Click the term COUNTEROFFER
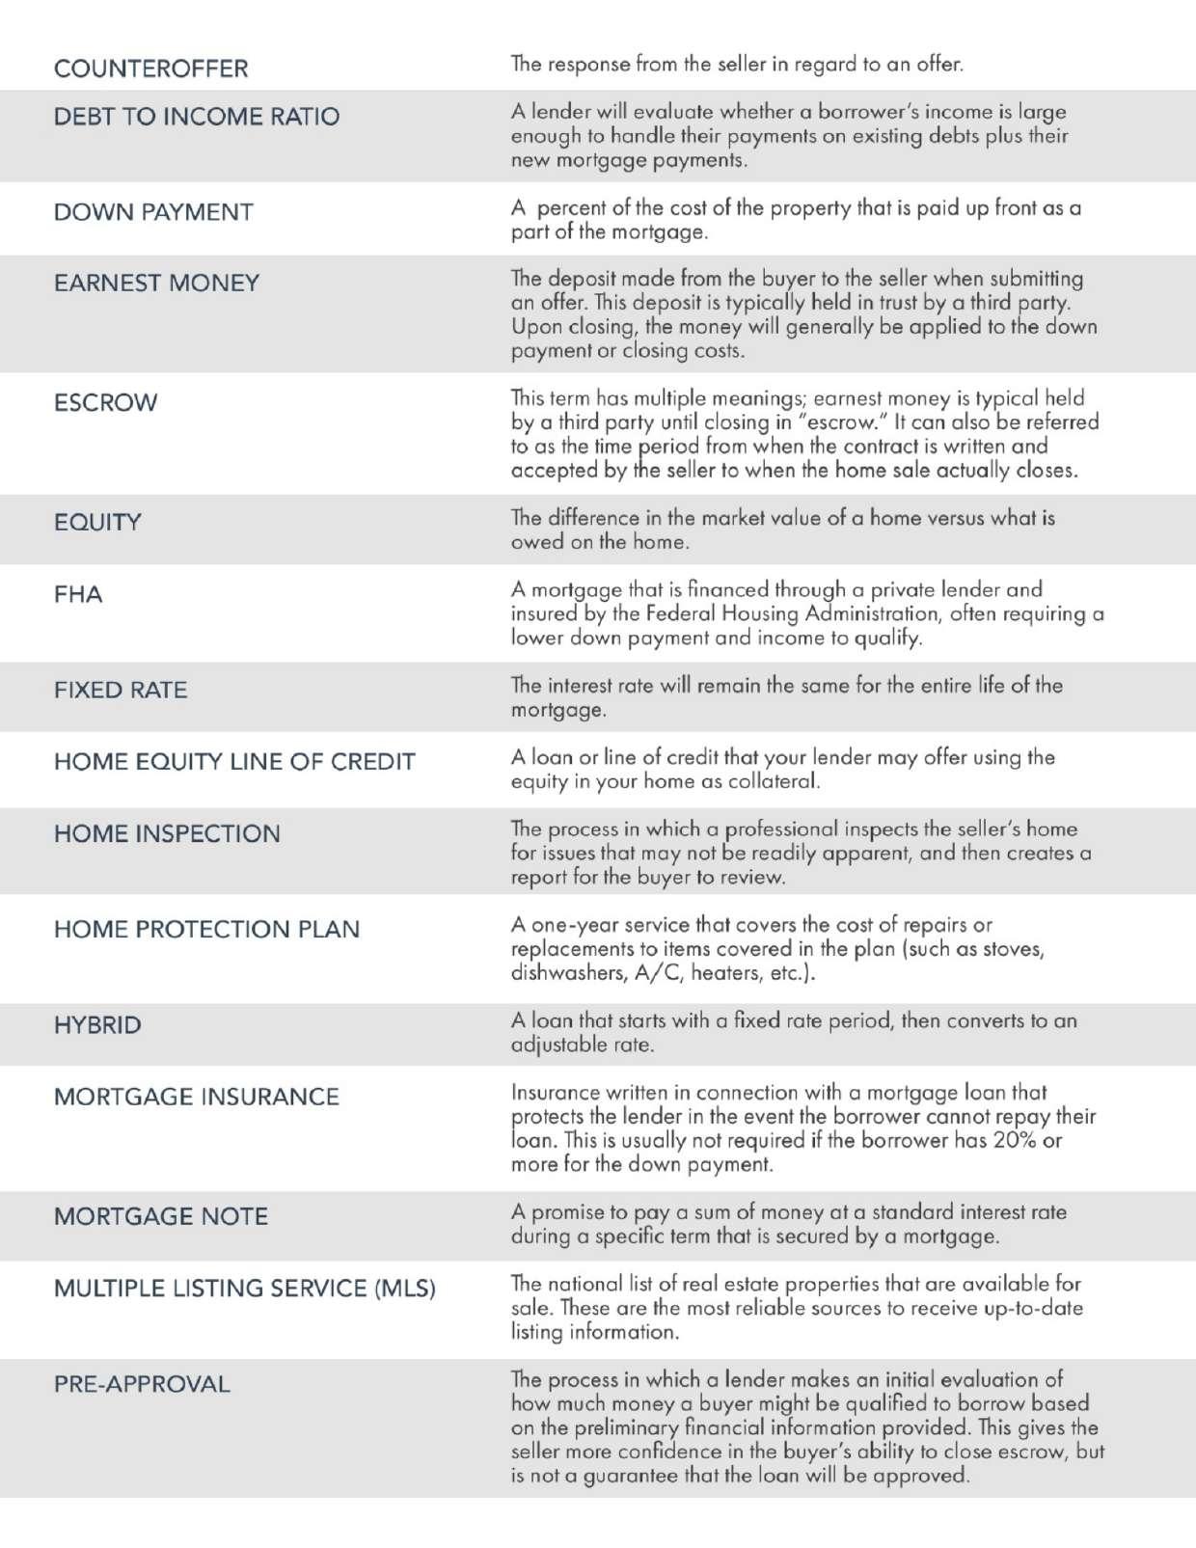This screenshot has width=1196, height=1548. pos(150,68)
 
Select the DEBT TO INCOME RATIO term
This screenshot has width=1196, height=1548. pos(197,117)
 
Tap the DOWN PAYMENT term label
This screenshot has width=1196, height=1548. pos(153,212)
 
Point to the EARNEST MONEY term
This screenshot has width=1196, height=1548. pos(156,283)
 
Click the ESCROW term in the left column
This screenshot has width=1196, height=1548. pos(105,402)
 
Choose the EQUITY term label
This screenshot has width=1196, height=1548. pos(97,522)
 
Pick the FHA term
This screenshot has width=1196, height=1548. pos(78,594)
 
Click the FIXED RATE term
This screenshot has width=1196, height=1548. pos(121,690)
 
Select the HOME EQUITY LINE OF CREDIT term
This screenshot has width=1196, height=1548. pos(234,761)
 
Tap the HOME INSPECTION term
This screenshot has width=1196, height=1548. pos(167,833)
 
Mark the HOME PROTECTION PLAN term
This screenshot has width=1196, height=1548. pos(206,929)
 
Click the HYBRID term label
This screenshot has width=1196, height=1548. pos(97,1024)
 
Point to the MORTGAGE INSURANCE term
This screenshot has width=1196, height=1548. pos(197,1097)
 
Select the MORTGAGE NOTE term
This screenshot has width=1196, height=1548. pos(161,1216)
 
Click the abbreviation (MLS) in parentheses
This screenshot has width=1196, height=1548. pos(405,1289)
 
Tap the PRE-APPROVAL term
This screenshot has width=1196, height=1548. pos(142,1384)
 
